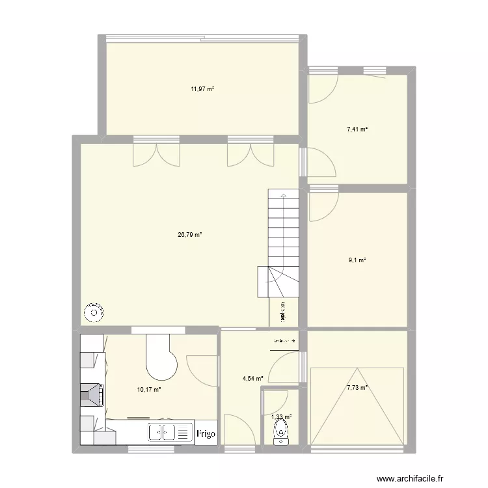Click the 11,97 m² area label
pos(202,89)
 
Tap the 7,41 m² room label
pos(357,130)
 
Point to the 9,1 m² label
pos(357,260)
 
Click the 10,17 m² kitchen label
pos(148,390)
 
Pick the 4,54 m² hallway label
pos(252,378)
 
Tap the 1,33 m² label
pos(281,417)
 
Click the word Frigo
pos(206,433)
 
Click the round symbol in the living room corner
pos(94,314)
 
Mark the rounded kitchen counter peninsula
pos(159,358)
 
